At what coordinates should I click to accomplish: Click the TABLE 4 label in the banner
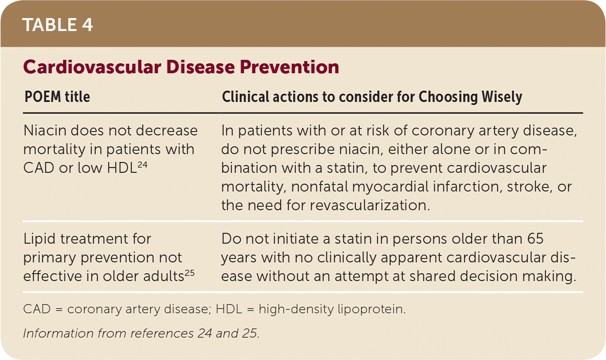(57, 25)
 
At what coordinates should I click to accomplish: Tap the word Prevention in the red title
(289, 67)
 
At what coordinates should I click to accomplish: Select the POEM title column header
(57, 97)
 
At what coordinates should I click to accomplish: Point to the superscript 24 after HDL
(143, 164)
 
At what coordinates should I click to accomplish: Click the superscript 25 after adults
(189, 273)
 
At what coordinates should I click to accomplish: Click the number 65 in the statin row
(535, 239)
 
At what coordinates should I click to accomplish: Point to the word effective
(53, 276)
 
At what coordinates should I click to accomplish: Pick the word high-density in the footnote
(296, 310)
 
